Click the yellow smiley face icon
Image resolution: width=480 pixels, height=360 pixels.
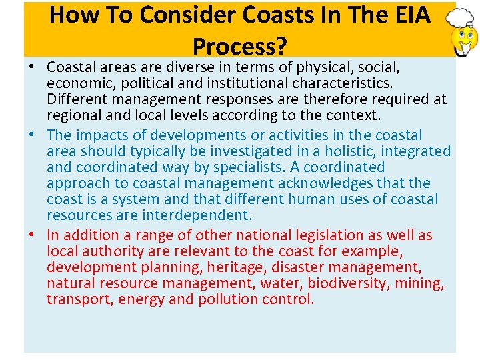click(x=465, y=39)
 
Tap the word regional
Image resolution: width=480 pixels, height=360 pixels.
click(x=72, y=116)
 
